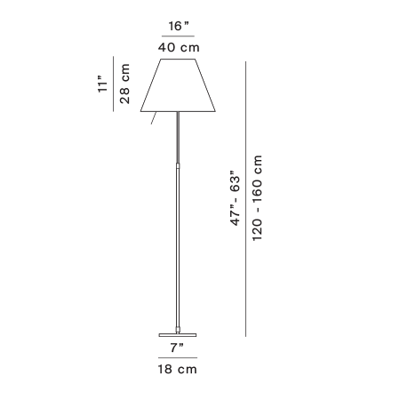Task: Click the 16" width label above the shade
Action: coord(179,26)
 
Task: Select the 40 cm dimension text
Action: coord(179,47)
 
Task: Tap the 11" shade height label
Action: coord(102,84)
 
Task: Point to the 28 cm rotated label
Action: coord(124,84)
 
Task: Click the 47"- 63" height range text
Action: coord(236,198)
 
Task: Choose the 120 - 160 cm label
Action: coord(257,198)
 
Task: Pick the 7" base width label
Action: coord(177,348)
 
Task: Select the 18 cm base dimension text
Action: coord(177,370)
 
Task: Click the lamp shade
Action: coord(178,85)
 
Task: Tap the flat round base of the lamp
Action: coord(178,335)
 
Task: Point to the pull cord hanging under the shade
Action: coord(154,118)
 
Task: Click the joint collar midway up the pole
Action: coord(178,165)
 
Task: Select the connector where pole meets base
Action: coord(178,329)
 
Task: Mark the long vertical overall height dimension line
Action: coord(245,199)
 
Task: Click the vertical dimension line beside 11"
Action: coord(113,84)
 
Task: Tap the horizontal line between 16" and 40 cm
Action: coord(178,36)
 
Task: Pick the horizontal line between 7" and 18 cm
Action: coord(178,358)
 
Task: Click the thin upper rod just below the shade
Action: coord(178,137)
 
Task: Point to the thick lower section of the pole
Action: coord(178,247)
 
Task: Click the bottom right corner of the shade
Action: coord(215,111)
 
